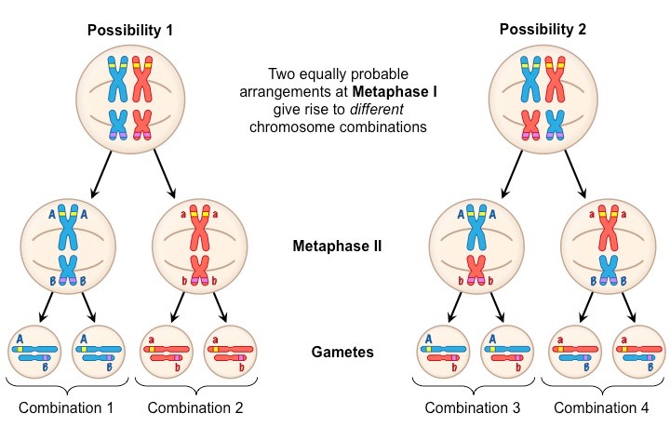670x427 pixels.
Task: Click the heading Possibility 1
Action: [130, 30]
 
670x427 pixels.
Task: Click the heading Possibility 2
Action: [543, 30]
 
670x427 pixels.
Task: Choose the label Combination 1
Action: [67, 407]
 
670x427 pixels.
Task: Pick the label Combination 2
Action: [194, 407]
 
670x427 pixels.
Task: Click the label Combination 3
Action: [473, 407]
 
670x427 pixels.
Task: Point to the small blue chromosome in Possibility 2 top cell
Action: [555, 125]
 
